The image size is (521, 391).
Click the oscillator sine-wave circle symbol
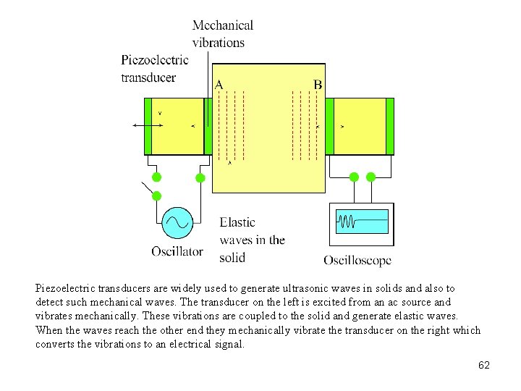click(177, 223)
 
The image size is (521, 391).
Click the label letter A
click(219, 85)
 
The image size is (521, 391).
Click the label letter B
click(317, 85)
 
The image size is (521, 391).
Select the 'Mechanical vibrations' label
click(223, 33)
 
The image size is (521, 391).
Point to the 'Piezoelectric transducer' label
click(155, 68)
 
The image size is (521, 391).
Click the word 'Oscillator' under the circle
click(177, 251)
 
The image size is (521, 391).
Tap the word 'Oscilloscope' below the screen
click(357, 260)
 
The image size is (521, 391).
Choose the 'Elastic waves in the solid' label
click(252, 240)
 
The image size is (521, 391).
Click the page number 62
click(484, 366)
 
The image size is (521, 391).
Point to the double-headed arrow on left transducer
click(148, 125)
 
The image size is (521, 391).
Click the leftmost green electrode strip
click(148, 126)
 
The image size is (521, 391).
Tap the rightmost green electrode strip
click(390, 126)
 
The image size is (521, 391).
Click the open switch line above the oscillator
click(148, 188)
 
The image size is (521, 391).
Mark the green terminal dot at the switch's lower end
click(156, 195)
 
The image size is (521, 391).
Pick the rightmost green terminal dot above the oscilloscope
click(371, 177)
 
